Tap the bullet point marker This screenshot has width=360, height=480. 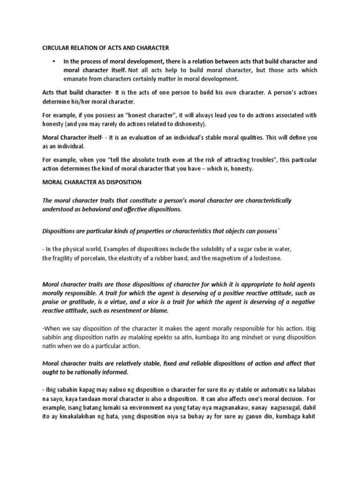tap(54, 61)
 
